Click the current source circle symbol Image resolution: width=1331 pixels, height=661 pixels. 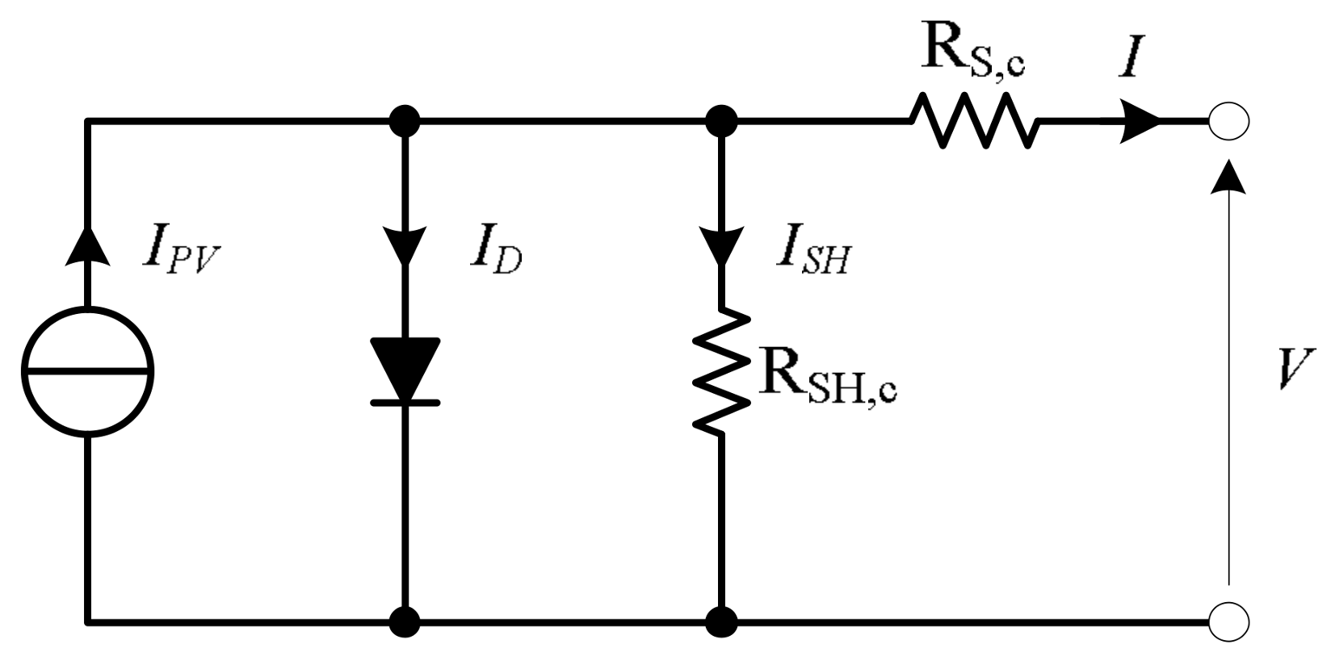click(87, 372)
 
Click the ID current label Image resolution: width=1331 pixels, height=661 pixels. click(495, 251)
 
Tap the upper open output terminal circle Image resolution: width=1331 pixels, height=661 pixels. click(1228, 122)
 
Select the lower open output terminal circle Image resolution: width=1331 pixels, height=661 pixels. click(1228, 622)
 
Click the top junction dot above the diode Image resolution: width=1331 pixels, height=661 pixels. click(405, 122)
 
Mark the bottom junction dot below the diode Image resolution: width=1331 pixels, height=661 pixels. click(405, 622)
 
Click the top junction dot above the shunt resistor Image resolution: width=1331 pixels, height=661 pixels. click(721, 122)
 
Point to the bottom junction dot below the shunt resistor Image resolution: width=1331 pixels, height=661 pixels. click(721, 622)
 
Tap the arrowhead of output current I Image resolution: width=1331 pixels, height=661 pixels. click(1139, 122)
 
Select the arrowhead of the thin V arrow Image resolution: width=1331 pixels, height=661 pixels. click(1228, 176)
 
